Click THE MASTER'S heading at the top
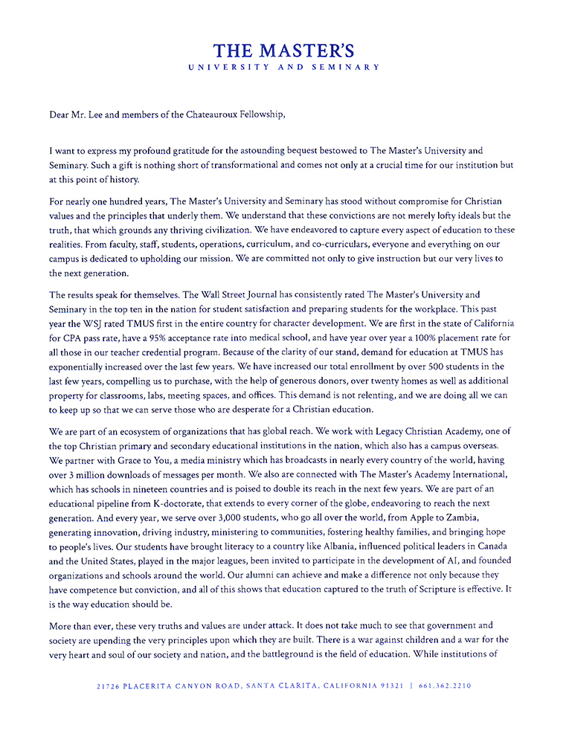(x=284, y=51)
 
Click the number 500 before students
(x=431, y=367)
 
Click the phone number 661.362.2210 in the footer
(x=445, y=686)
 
